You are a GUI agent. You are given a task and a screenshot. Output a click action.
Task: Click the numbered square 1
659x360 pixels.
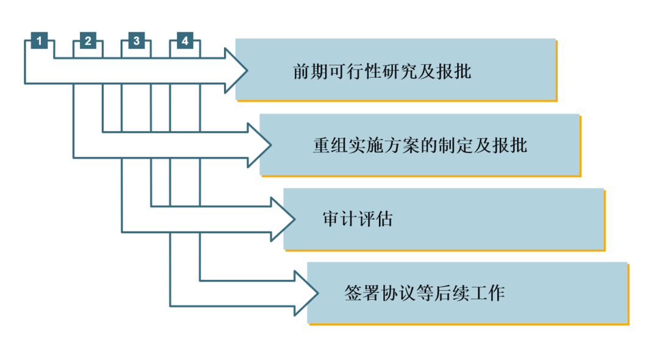coord(39,41)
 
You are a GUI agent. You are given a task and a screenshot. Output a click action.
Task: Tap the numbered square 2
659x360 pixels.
coord(88,41)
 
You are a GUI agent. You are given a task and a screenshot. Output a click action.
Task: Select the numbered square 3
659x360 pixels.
coord(136,41)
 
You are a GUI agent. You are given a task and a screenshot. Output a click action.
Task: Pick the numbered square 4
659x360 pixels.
coord(185,41)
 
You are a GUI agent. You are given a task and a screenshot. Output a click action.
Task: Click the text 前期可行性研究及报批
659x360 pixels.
coord(382,72)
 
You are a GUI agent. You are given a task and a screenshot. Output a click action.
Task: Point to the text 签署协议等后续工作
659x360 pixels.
coord(425,293)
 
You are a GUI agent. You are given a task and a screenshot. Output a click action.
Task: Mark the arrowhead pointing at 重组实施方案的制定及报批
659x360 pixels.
coord(259,145)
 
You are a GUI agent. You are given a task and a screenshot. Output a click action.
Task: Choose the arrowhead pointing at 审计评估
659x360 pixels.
coord(284,218)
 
